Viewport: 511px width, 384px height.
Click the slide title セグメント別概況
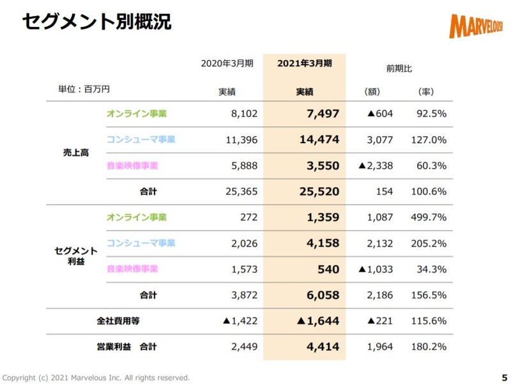[x=96, y=21]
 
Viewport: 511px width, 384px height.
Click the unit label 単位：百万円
[x=80, y=89]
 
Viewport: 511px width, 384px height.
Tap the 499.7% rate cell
[x=431, y=217]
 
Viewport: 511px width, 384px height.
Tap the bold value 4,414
[x=321, y=347]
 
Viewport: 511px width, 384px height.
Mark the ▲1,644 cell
[x=317, y=321]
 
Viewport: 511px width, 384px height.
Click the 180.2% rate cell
[x=431, y=347]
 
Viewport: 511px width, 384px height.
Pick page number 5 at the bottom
[x=503, y=377]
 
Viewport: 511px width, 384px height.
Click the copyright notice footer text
[x=96, y=377]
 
